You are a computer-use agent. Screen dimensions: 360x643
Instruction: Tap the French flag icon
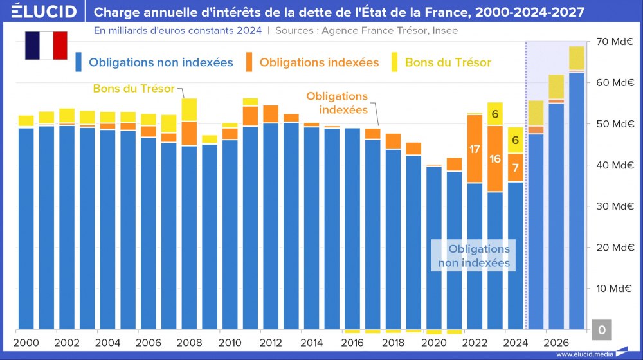click(x=46, y=45)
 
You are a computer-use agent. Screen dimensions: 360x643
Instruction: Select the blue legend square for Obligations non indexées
click(x=79, y=62)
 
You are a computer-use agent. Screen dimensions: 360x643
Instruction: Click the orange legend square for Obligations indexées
click(x=250, y=62)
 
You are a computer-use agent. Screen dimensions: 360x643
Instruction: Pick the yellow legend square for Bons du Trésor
click(x=395, y=62)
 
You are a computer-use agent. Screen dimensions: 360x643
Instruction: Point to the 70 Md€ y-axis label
click(x=615, y=42)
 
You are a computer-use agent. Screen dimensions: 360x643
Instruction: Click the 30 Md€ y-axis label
click(x=615, y=206)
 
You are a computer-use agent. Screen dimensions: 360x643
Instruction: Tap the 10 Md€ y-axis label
click(x=615, y=289)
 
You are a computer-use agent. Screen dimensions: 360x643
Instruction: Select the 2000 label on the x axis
click(x=26, y=343)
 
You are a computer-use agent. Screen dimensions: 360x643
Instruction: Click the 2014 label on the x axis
click(x=311, y=343)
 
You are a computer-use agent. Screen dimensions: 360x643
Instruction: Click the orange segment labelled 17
click(x=475, y=149)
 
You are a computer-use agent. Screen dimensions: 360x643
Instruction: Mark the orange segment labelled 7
click(x=516, y=168)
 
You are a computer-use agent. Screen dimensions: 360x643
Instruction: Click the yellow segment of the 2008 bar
click(x=189, y=110)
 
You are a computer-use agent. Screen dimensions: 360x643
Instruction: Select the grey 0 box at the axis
click(x=602, y=330)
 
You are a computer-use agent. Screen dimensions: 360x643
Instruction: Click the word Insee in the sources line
click(x=444, y=30)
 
